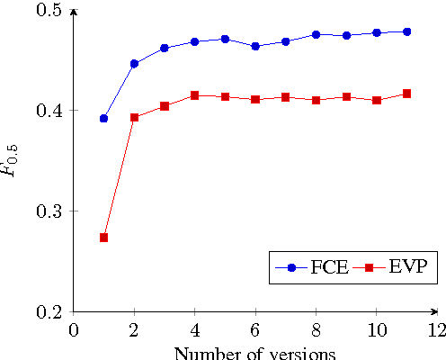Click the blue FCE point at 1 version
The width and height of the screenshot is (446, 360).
coord(104,119)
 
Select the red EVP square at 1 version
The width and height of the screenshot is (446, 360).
coord(104,238)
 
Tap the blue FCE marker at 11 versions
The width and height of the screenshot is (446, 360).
coord(406,31)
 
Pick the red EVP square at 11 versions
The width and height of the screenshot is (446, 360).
coord(406,94)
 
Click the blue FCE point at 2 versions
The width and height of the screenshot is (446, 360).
coord(134,64)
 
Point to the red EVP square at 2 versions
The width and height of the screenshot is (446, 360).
coord(134,117)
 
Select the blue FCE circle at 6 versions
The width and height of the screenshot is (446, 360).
coord(255,46)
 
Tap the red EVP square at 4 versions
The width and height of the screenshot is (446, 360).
coord(194,95)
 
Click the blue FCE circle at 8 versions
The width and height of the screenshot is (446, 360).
coord(316,34)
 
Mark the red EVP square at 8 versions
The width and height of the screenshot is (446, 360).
coord(316,100)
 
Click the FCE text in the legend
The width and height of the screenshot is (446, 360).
coord(329,267)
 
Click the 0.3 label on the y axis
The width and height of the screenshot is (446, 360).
coord(49,211)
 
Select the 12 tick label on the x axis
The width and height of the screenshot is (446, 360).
coord(436,329)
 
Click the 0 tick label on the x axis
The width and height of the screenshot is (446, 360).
coord(74,329)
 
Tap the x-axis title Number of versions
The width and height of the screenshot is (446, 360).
coord(254,352)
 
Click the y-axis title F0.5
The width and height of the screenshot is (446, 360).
coord(13,160)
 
